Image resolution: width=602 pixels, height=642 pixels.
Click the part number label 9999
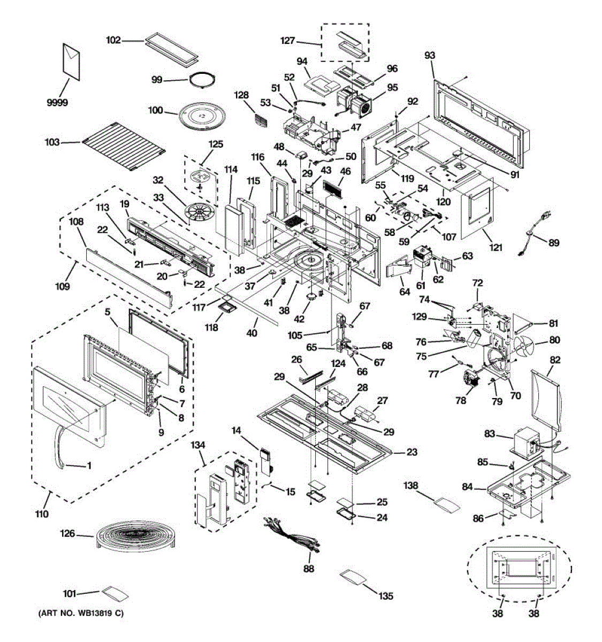click(57, 103)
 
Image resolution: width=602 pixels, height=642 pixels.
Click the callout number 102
click(113, 40)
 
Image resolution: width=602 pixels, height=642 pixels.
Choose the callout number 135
click(386, 596)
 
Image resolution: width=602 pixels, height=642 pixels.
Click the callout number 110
click(42, 514)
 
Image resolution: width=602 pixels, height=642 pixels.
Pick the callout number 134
click(197, 445)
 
